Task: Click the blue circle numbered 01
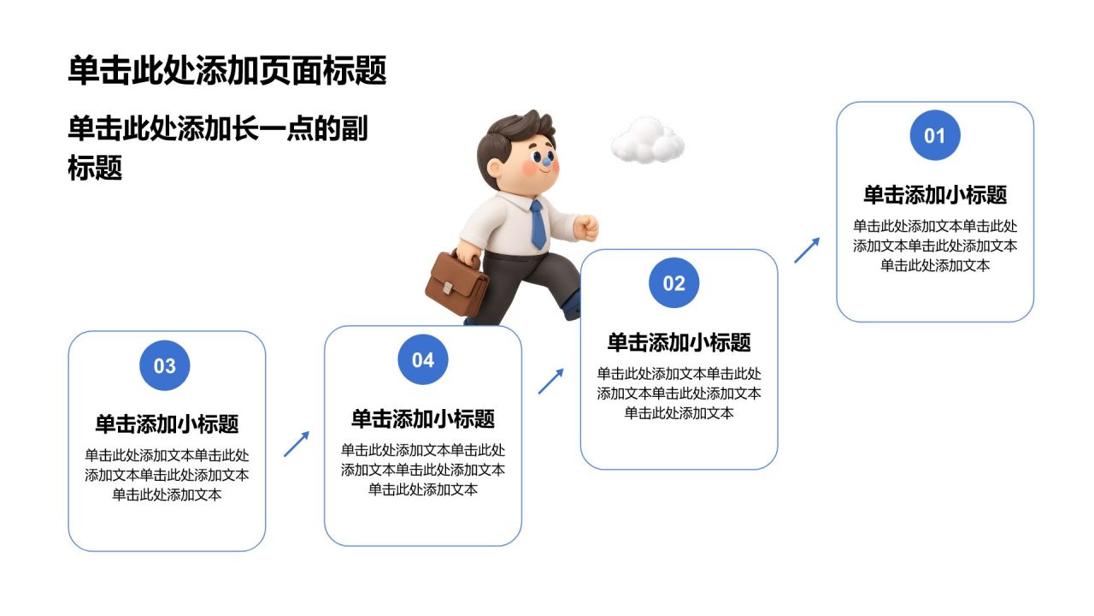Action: click(x=935, y=135)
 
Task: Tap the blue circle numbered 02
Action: click(x=674, y=282)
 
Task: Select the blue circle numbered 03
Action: click(x=165, y=365)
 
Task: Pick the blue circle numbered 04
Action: click(x=423, y=359)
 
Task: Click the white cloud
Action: click(x=648, y=141)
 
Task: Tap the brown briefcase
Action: click(x=456, y=282)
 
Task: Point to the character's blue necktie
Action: click(x=538, y=224)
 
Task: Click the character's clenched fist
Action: click(x=586, y=228)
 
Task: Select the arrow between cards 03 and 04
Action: click(x=297, y=444)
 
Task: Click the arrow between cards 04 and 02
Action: click(x=551, y=382)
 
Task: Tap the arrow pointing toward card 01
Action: click(x=807, y=251)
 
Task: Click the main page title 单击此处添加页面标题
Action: click(x=227, y=70)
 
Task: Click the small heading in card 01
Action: click(x=935, y=194)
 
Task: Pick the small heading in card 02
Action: click(x=679, y=342)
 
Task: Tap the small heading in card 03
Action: click(x=167, y=423)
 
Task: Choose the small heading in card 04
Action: click(x=423, y=419)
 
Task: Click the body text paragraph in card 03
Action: click(x=167, y=475)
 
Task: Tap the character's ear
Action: click(x=494, y=169)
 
